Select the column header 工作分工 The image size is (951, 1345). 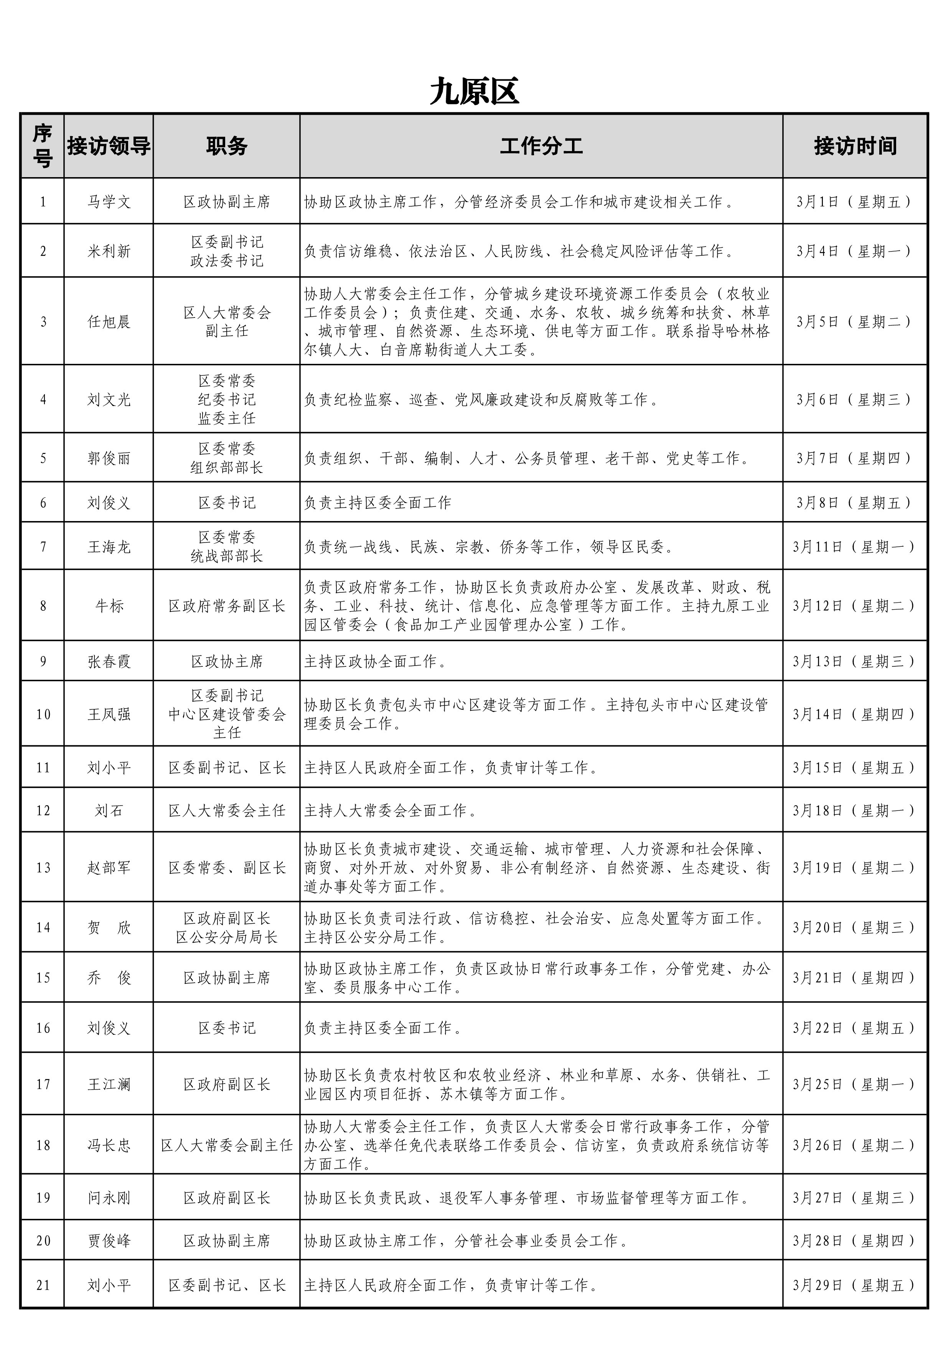click(x=541, y=146)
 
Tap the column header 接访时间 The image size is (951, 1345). click(x=855, y=146)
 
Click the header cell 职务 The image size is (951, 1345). click(x=226, y=146)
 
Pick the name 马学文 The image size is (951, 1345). click(x=109, y=202)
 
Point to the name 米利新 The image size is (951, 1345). click(x=109, y=251)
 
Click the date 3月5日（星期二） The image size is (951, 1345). click(x=855, y=322)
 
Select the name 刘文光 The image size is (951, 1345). click(x=109, y=400)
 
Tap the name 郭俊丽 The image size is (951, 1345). click(x=109, y=458)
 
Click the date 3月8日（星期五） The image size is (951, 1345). click(x=855, y=503)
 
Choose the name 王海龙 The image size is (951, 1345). click(x=109, y=547)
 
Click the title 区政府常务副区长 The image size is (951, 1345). click(x=226, y=606)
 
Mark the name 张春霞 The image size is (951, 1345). click(x=109, y=661)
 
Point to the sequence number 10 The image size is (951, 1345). click(x=43, y=714)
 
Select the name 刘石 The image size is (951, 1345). click(x=109, y=811)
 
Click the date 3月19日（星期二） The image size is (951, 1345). click(x=855, y=868)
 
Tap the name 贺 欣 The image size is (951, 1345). click(x=109, y=927)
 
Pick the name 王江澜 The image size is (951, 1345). click(x=109, y=1084)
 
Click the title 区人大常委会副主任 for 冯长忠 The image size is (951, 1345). click(x=226, y=1145)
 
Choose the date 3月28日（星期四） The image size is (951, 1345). click(x=855, y=1240)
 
